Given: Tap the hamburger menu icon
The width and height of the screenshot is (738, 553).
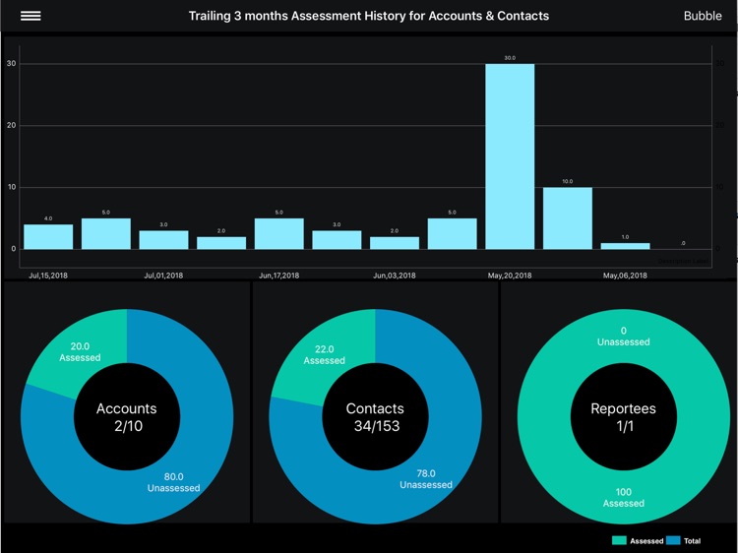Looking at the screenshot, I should [x=31, y=16].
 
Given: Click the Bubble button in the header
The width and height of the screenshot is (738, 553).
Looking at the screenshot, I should [x=703, y=16].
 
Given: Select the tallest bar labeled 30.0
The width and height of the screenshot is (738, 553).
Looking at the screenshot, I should [x=510, y=156].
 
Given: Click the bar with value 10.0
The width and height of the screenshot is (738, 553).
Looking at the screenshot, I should [x=568, y=217].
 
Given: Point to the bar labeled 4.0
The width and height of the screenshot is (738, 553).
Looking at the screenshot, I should [x=48, y=236].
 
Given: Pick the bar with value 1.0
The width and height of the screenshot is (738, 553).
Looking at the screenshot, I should [x=626, y=245].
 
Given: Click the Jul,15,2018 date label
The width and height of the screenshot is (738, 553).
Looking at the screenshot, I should [x=48, y=276].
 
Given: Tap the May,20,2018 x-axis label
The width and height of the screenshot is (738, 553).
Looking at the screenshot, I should [x=510, y=276].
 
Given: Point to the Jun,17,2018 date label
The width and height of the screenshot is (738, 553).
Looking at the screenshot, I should [x=279, y=276].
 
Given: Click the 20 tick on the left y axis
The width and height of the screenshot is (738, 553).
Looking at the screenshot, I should [x=11, y=125].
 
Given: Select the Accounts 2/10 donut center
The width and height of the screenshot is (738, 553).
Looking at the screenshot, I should [x=126, y=416].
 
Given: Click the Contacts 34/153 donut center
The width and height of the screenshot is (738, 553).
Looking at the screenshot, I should [x=375, y=416].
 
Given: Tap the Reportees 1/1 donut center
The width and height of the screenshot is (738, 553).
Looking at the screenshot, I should [x=623, y=416].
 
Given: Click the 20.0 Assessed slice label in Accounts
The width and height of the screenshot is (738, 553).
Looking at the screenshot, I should [x=80, y=352].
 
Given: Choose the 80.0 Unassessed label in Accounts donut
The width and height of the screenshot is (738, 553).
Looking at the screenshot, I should [x=174, y=482].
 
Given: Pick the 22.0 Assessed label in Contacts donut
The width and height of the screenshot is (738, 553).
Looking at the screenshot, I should [x=324, y=354].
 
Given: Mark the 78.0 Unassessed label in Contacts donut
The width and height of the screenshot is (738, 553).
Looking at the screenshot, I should [x=426, y=479].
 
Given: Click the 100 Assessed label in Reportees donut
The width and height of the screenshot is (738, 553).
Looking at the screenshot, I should [x=623, y=497].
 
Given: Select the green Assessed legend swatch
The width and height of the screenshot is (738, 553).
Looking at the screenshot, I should [x=619, y=541].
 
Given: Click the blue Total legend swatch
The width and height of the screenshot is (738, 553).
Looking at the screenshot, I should [x=673, y=541].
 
